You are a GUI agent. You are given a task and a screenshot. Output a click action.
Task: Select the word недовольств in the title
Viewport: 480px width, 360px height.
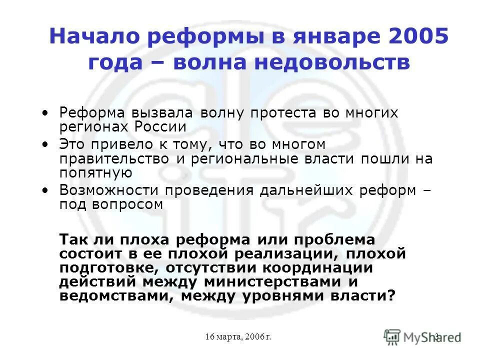click(x=329, y=63)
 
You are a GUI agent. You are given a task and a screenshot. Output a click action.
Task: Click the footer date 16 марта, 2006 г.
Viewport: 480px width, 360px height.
click(x=238, y=337)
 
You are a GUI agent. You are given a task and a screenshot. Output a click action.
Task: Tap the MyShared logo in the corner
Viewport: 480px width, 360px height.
click(x=422, y=336)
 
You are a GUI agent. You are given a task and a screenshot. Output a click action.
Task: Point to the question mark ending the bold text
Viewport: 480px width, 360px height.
click(x=391, y=295)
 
